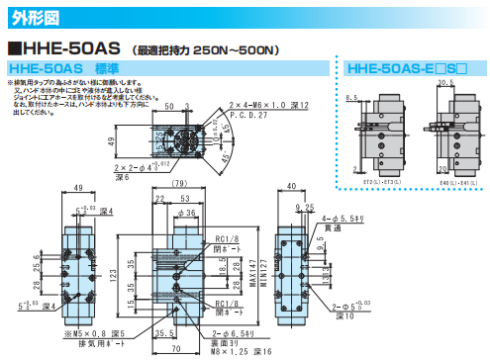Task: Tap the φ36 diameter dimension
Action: click(x=185, y=212)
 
